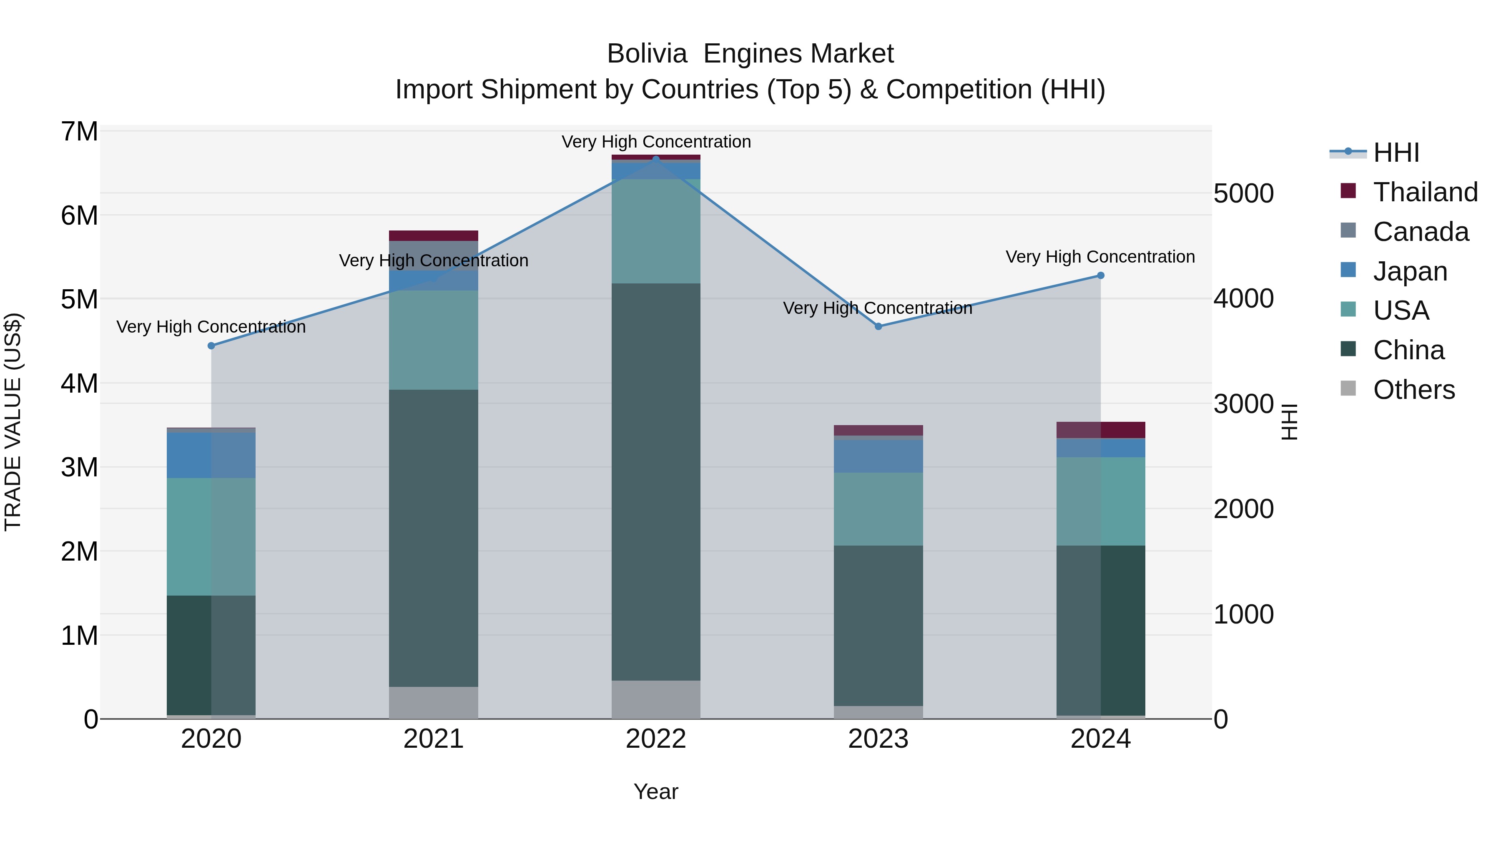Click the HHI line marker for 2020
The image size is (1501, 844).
pos(211,346)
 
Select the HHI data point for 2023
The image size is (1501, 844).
pos(879,327)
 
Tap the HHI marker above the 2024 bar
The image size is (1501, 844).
pos(1101,275)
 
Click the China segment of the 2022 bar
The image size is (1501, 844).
pos(656,482)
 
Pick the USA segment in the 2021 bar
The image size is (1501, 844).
pos(434,340)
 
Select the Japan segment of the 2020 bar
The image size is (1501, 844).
pos(211,456)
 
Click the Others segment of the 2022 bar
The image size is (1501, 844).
pos(656,699)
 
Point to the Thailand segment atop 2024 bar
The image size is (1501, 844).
pos(1101,430)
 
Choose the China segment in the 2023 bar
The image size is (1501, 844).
pos(879,626)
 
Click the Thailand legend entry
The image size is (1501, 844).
pos(1425,192)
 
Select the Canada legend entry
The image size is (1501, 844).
pos(1420,232)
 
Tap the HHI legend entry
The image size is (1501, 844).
pos(1396,153)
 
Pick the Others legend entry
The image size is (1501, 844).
pos(1413,390)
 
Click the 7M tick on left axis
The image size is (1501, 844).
pos(79,132)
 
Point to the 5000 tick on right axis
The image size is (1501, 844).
pos(1243,193)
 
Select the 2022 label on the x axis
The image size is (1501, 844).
pos(656,739)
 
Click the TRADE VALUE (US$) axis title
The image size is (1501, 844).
pos(13,422)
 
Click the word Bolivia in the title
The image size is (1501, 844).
pos(647,54)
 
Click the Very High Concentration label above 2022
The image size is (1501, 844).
pos(656,142)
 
